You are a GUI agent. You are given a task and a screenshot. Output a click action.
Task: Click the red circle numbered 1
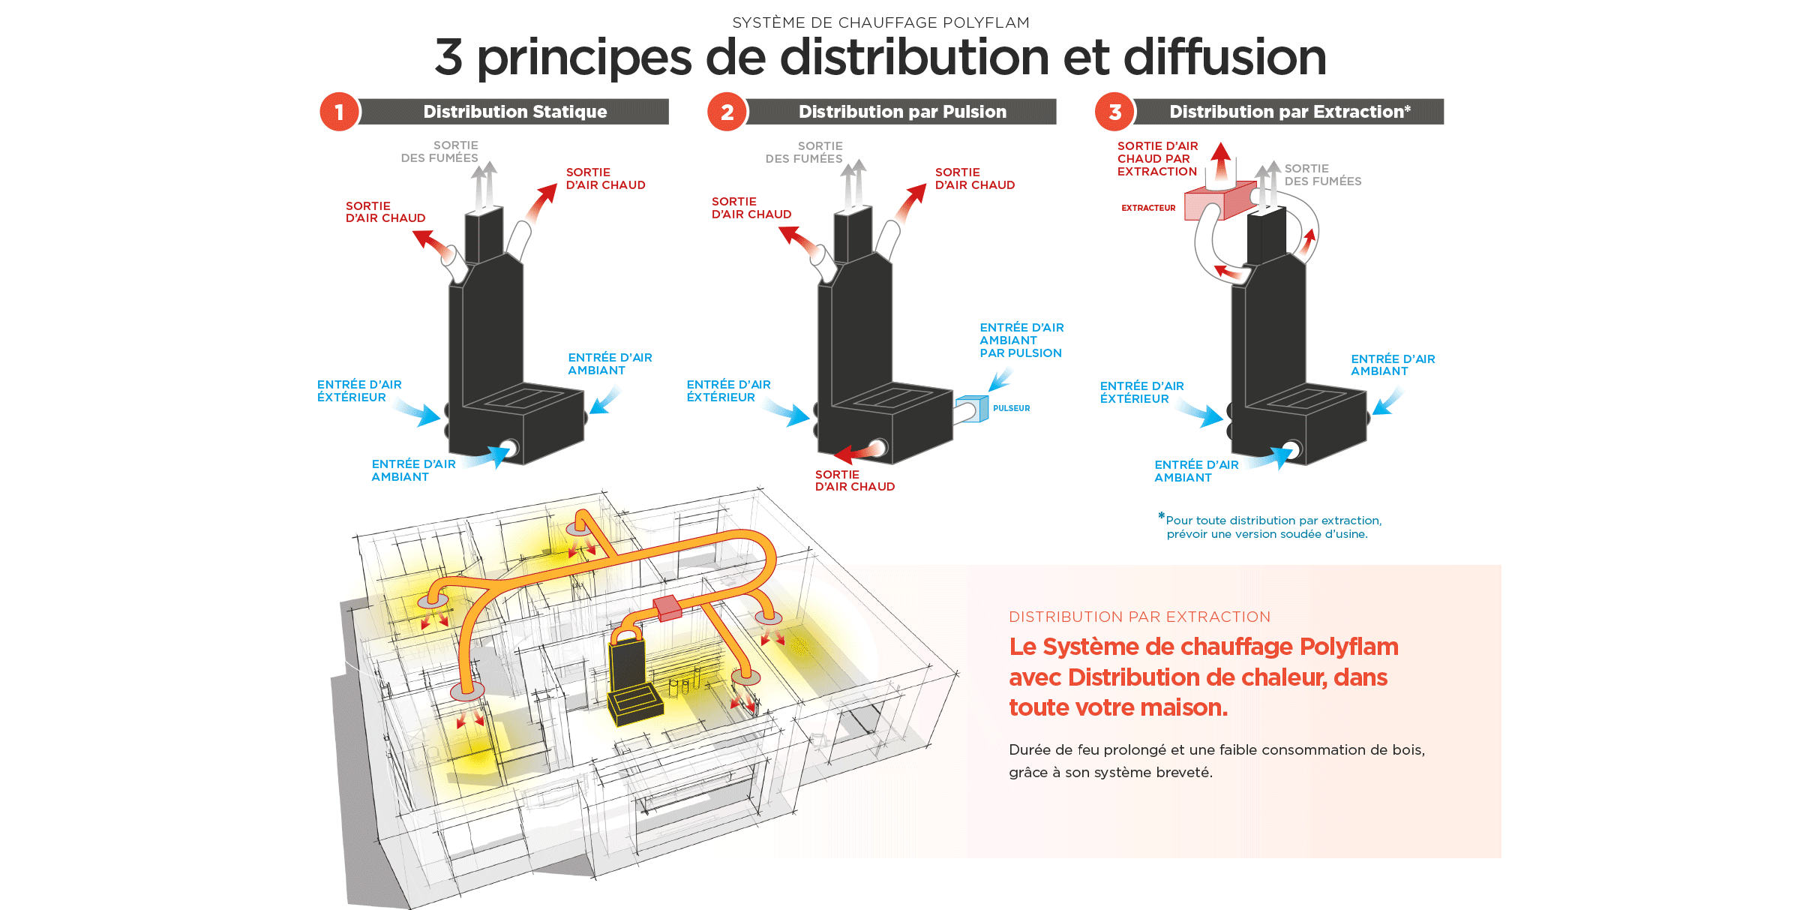point(339,113)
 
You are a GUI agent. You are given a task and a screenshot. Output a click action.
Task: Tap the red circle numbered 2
point(727,113)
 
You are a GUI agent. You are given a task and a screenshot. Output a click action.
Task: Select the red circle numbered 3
point(1115,113)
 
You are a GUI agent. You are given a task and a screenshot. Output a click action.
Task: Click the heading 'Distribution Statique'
point(514,112)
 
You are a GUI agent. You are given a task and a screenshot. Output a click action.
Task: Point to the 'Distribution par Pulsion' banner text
point(902,112)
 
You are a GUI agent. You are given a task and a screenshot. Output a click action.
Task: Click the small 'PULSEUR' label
point(1011,408)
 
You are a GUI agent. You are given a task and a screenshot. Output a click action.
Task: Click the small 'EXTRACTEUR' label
point(1148,208)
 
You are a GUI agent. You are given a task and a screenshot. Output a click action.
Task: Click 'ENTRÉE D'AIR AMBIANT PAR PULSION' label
point(1021,341)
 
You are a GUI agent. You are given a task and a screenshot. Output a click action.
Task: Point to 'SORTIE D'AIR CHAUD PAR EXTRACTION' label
point(1157,159)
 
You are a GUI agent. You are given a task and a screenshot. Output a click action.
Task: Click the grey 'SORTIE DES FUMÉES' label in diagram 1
point(440,152)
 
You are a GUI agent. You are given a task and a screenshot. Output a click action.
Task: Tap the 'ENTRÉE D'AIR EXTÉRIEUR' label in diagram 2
point(727,391)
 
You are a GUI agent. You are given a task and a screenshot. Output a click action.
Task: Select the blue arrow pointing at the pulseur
point(1000,380)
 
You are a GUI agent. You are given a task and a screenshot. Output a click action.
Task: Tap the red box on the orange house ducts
point(667,607)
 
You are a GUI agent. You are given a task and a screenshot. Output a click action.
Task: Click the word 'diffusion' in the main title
point(1225,58)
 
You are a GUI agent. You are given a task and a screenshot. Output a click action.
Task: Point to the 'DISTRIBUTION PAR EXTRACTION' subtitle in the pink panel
point(1139,617)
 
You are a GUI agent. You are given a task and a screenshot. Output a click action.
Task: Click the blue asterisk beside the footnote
point(1161,516)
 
